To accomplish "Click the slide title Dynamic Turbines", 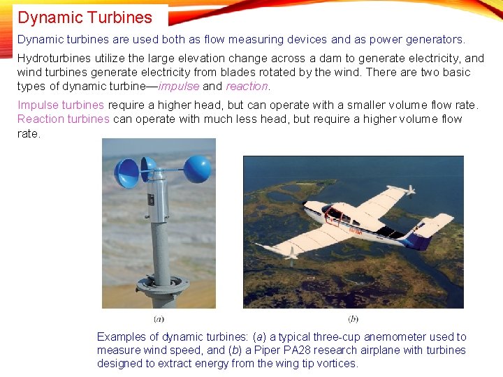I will tap(85, 17).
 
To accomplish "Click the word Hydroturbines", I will tap(52, 59).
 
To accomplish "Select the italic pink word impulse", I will tap(179, 87).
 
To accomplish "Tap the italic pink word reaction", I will tap(247, 87).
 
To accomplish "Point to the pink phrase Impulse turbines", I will tap(61, 105).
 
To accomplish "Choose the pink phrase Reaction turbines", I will tap(64, 119).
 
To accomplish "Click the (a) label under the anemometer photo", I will tap(159, 319).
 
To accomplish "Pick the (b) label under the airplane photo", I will tap(353, 319).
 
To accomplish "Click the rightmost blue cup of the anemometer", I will tap(197, 169).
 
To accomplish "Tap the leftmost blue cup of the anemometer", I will tap(126, 173).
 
